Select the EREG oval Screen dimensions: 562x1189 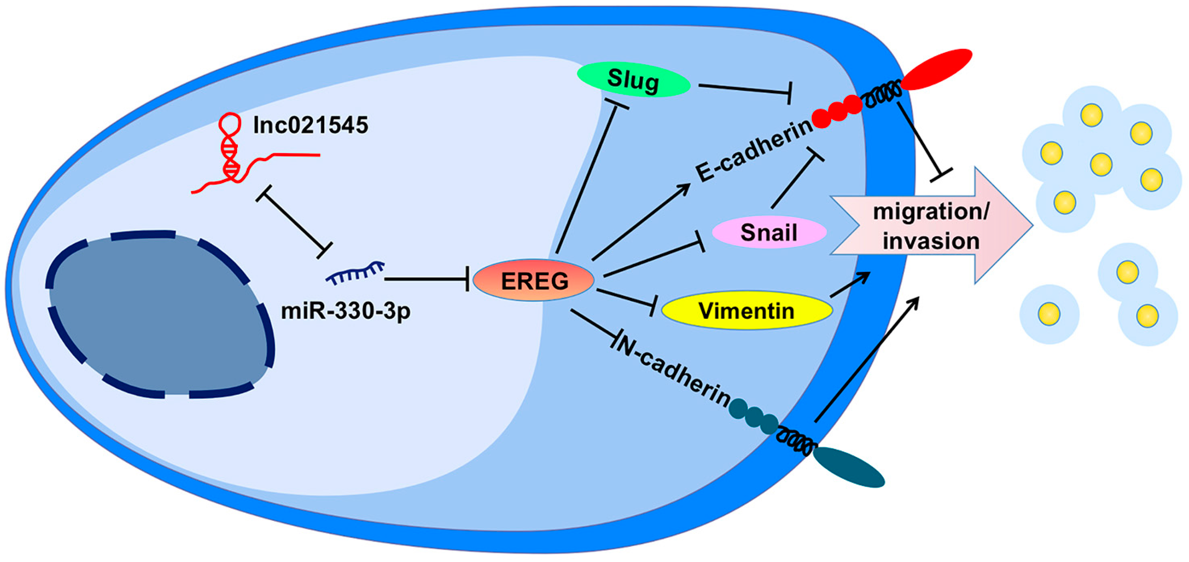tap(534, 280)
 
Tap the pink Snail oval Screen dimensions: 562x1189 tap(769, 232)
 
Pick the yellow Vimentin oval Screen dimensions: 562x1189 tap(746, 310)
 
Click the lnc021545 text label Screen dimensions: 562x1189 tap(311, 125)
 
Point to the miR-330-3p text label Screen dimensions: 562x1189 tap(345, 311)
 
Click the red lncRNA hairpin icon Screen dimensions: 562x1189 tap(230, 152)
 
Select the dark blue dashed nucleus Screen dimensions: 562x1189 tap(159, 314)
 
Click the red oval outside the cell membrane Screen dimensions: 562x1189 tap(937, 69)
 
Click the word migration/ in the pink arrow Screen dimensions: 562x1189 tap(930, 212)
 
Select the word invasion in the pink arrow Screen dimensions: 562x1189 tap(930, 241)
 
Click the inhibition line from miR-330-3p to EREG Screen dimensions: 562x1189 tap(425, 279)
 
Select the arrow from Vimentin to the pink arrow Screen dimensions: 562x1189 tap(849, 284)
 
